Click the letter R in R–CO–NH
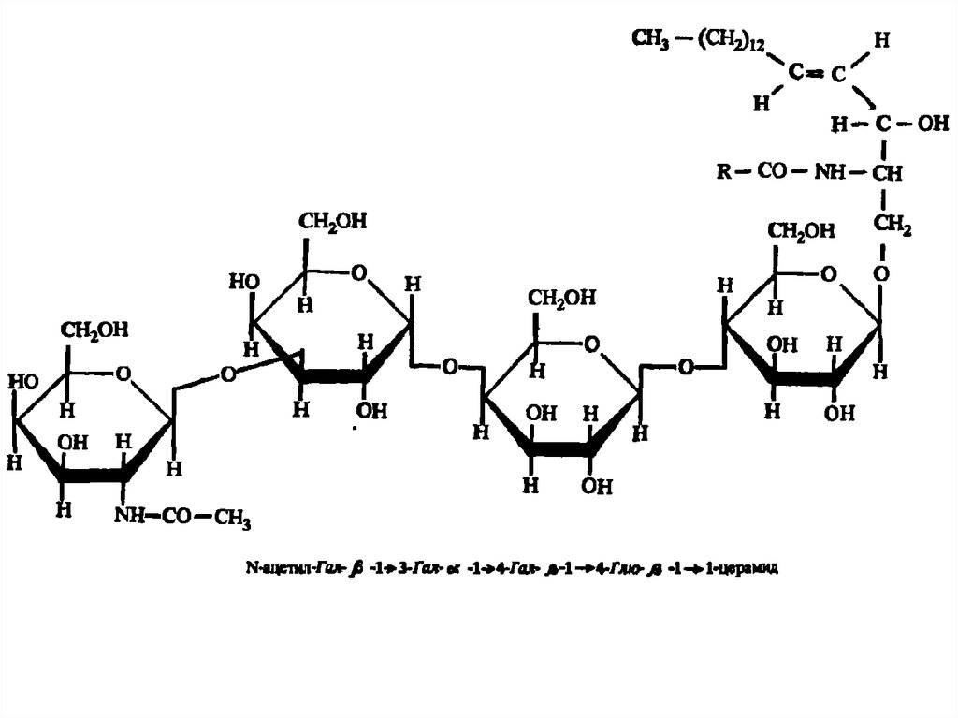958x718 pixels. click(723, 172)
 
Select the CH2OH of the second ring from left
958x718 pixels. click(333, 223)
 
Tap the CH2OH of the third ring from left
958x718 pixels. click(562, 299)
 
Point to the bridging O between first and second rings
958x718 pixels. click(226, 374)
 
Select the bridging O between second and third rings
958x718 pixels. click(450, 365)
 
